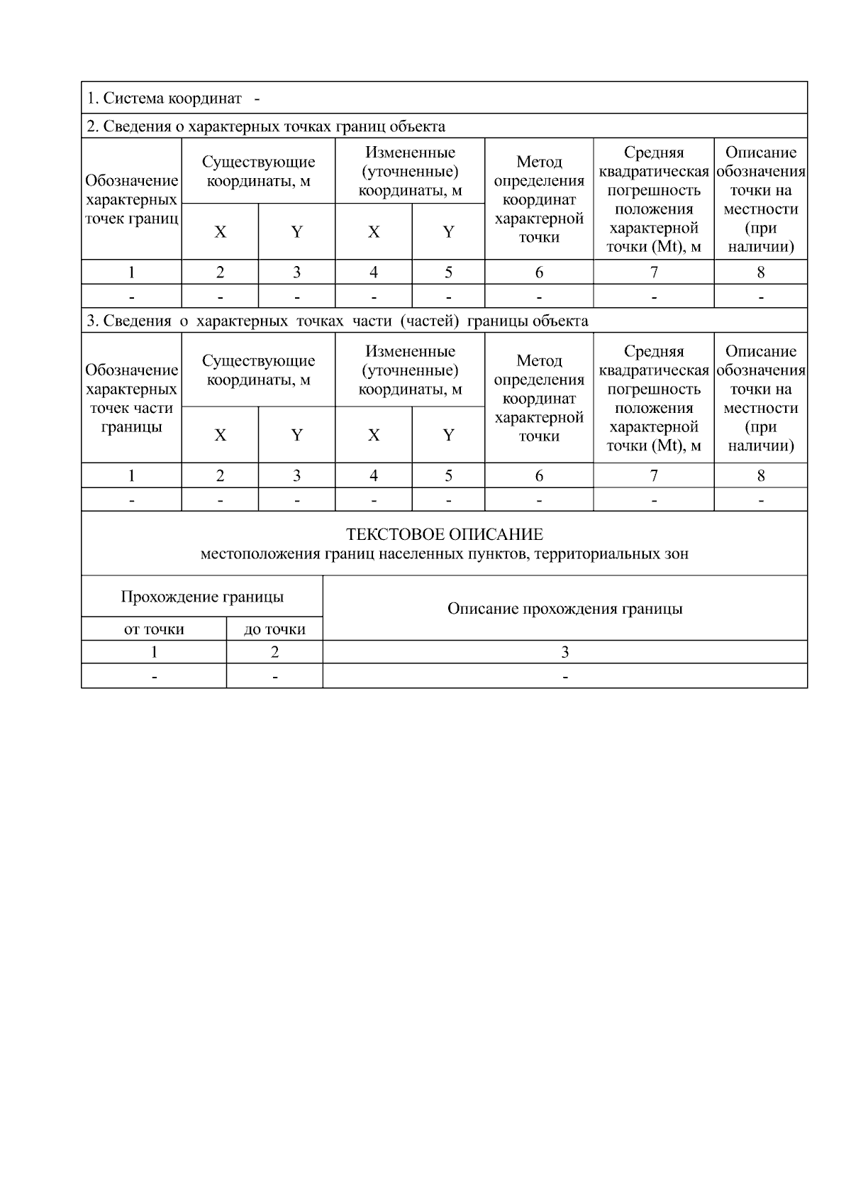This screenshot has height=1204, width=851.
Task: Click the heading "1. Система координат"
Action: (164, 98)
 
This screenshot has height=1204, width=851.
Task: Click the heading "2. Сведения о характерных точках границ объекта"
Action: (266, 126)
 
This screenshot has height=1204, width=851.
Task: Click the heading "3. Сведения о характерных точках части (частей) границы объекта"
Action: (337, 321)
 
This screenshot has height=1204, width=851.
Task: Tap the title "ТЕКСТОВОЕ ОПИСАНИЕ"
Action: (444, 534)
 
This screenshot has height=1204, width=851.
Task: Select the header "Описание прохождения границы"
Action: (564, 609)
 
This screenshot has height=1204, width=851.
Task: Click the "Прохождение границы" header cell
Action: (202, 597)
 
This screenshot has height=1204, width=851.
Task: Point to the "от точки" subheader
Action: (154, 629)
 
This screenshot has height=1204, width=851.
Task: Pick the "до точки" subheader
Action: (274, 629)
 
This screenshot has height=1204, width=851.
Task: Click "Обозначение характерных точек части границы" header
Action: (131, 398)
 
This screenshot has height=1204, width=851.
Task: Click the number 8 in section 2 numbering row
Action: (760, 272)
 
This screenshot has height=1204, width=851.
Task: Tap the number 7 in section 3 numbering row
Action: (653, 475)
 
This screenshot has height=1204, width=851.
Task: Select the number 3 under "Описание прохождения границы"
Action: (564, 652)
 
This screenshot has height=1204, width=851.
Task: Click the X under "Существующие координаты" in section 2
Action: (220, 232)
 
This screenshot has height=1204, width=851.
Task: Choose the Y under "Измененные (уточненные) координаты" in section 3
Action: (448, 435)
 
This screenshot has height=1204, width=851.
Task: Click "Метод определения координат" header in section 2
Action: (539, 199)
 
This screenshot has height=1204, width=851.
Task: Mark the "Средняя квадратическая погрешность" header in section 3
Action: (653, 398)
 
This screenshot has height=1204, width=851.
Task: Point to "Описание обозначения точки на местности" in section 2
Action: (760, 199)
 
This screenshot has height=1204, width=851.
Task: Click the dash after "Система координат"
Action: (256, 98)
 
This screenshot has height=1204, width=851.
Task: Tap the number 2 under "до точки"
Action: (274, 652)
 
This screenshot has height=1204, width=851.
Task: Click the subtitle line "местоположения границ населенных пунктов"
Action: (444, 553)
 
